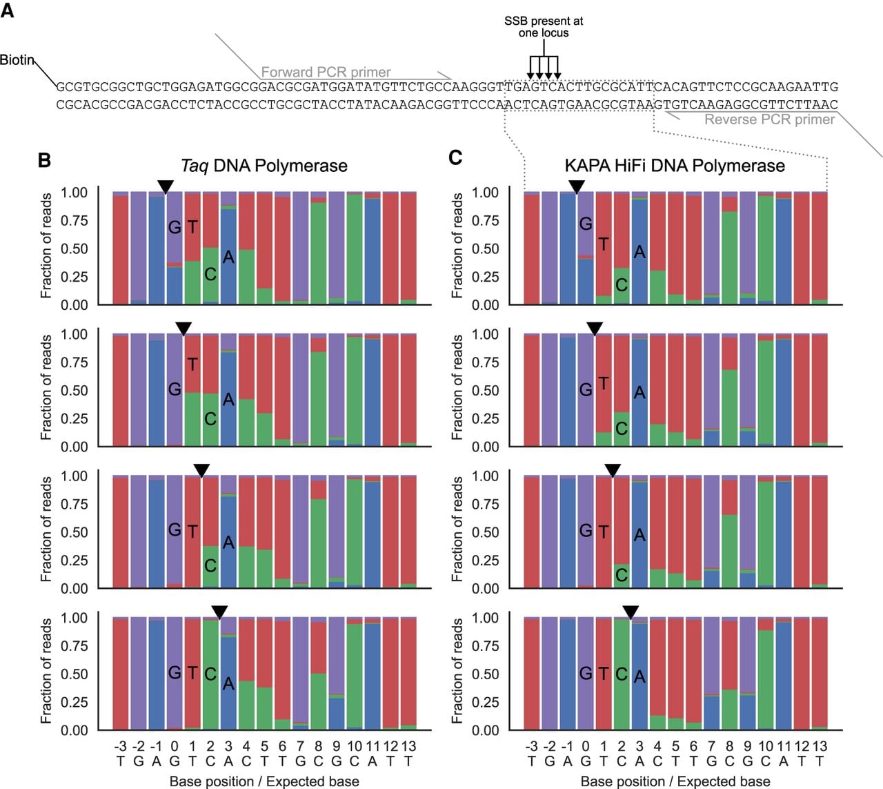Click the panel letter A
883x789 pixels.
[x=7, y=10]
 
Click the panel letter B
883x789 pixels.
[x=44, y=160]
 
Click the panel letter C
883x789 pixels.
[x=455, y=157]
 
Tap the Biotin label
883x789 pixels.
[x=17, y=60]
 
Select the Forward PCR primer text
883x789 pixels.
[x=326, y=72]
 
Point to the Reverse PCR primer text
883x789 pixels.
[x=770, y=119]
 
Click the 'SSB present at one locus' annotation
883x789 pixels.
[x=544, y=27]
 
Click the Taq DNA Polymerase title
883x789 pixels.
[x=264, y=166]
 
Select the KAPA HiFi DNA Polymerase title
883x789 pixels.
[x=675, y=166]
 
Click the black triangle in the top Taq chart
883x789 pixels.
[x=166, y=186]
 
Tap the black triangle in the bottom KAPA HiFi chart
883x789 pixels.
[x=631, y=612]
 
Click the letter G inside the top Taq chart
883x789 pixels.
[x=175, y=227]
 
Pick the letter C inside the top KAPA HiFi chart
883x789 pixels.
[x=622, y=285]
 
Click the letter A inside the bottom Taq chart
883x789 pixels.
[x=228, y=683]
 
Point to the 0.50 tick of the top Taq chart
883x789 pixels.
[x=74, y=249]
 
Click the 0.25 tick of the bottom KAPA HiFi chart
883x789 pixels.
[x=485, y=702]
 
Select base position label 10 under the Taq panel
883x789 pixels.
[x=355, y=746]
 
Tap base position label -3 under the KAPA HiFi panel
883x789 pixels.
[x=531, y=746]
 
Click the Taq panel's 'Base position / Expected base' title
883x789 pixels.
[x=264, y=781]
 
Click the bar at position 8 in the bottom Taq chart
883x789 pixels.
[x=319, y=674]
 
